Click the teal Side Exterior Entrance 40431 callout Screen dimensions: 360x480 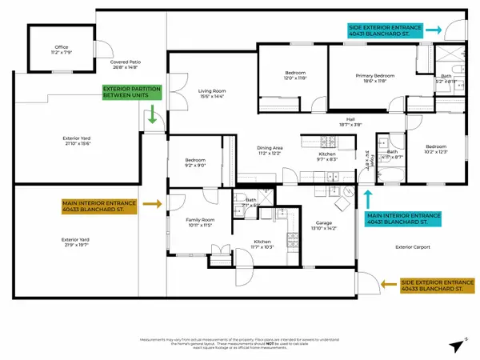click(x=384, y=30)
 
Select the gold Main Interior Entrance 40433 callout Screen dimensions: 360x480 click(x=103, y=205)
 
